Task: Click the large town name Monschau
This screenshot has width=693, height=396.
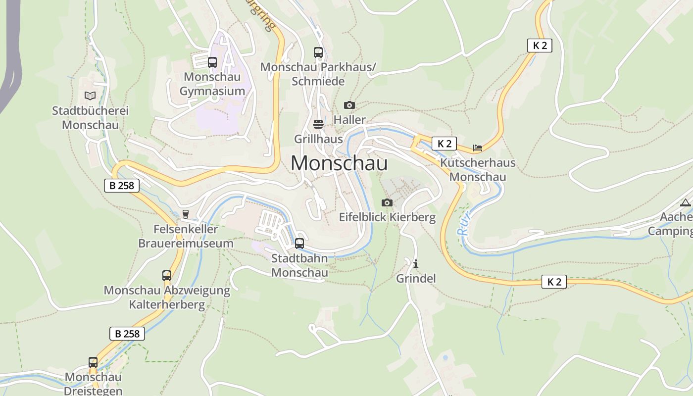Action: point(339,163)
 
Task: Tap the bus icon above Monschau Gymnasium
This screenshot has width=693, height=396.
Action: point(212,62)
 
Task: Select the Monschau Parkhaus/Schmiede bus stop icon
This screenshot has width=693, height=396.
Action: point(318,52)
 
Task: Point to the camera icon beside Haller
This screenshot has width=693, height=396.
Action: point(349,105)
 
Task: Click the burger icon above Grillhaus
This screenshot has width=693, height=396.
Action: point(318,123)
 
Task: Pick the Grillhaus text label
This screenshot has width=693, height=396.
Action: point(318,139)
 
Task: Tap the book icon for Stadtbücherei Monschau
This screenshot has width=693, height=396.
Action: point(90,96)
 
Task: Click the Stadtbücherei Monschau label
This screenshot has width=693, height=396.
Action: point(90,118)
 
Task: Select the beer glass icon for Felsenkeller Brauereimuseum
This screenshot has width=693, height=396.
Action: point(186,214)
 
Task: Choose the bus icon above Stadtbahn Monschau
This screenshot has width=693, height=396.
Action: point(299,243)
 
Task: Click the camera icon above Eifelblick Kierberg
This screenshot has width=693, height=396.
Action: point(387,202)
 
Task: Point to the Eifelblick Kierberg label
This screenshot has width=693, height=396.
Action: point(387,217)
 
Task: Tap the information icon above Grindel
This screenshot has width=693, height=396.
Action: point(416,264)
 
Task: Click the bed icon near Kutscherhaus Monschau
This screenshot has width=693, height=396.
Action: point(477,148)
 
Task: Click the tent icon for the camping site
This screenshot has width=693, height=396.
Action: point(685,202)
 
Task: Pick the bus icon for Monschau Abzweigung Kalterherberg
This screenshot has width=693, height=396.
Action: point(167,276)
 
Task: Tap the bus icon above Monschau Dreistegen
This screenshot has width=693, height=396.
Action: point(93,362)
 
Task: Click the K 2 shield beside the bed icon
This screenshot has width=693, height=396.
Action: point(444,144)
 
